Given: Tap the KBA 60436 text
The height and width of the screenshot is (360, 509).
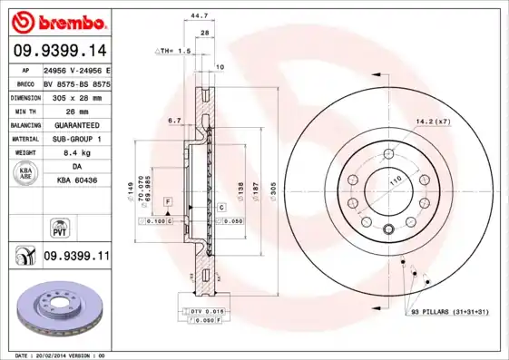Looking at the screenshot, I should click(76, 181).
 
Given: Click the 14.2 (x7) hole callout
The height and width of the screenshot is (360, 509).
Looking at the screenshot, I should click(432, 122).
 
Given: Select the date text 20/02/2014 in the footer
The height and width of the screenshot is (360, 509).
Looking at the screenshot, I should click(63, 355).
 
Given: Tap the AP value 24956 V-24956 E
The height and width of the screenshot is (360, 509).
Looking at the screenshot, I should click(76, 70).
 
